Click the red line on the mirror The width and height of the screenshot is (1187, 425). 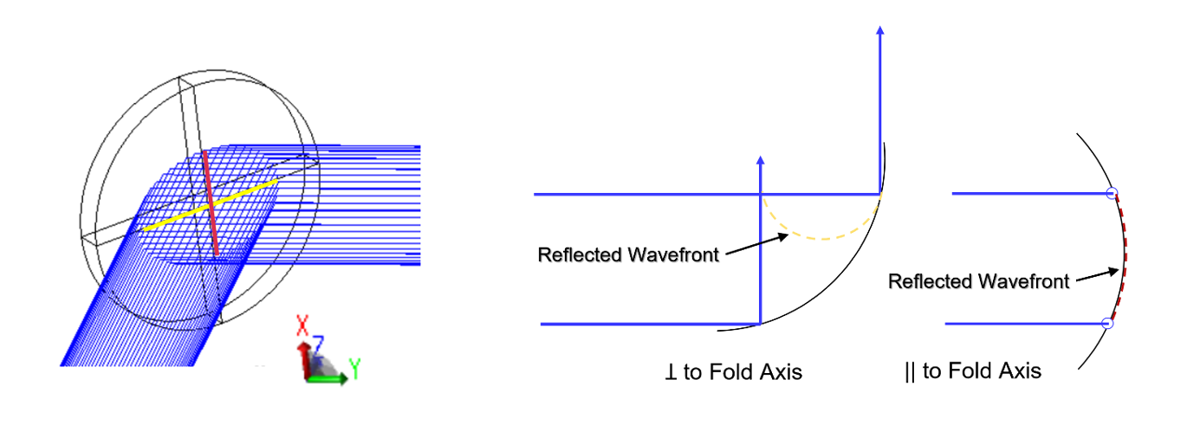point(211,203)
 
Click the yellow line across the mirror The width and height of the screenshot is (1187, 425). point(211,205)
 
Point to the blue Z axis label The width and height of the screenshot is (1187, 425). point(318,345)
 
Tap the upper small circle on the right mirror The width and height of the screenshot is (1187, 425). point(1113,194)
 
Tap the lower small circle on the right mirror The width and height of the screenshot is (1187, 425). point(1106,324)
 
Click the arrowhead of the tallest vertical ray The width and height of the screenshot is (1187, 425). point(880,31)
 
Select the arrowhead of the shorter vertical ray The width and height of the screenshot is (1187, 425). point(760,161)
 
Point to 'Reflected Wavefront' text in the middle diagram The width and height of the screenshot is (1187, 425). point(628,255)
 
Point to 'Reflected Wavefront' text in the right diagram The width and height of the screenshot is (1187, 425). point(978,281)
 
